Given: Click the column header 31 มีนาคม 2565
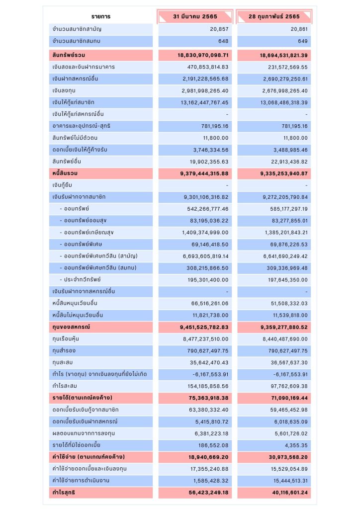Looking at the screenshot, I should (x=195, y=17).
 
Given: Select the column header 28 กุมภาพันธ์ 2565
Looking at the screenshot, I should (x=274, y=17).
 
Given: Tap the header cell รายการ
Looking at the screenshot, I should (x=101, y=17).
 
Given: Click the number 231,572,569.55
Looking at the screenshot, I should (x=284, y=67).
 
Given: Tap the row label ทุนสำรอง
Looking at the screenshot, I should (x=64, y=351).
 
